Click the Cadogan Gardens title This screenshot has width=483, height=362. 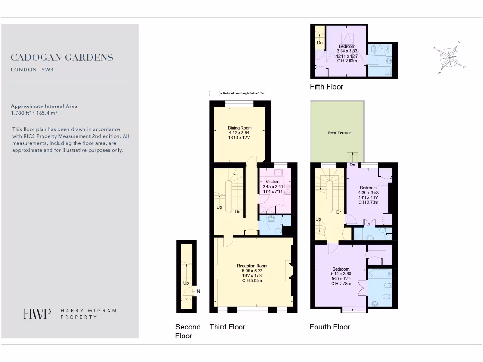pos(62,58)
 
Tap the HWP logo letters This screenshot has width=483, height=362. pos(37,314)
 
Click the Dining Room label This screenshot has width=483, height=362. pos(240,128)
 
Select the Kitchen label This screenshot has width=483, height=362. pos(273,181)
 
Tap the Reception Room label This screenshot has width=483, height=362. pos(252,266)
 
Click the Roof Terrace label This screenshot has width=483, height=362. pos(340,133)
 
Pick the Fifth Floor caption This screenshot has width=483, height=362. pos(326,87)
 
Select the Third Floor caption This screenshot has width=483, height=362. pos(227,327)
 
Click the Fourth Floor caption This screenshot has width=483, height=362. pos(330,327)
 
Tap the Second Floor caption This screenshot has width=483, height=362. pos(188,331)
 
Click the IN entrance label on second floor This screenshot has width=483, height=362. pos(198,291)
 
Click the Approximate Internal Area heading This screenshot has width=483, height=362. pos(44,106)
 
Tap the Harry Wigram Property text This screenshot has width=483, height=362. pos(88,314)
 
